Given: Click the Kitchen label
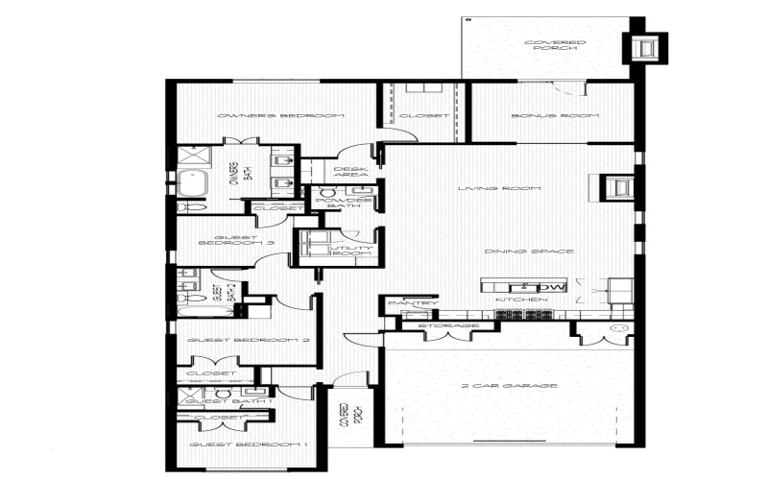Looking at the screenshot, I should click(x=521, y=300).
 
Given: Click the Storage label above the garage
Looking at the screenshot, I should click(x=448, y=326).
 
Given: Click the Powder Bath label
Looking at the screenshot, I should click(x=344, y=202).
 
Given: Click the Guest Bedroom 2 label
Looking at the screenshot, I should click(x=248, y=341).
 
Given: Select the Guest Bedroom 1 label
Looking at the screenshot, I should click(x=248, y=445).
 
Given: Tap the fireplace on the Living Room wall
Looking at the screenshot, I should click(x=617, y=187).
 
